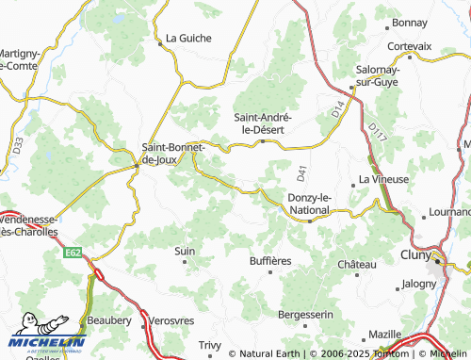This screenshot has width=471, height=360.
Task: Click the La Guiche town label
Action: (x=188, y=39)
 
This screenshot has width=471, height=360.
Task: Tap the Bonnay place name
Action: (x=410, y=22)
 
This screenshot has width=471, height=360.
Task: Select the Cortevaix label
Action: (x=409, y=45)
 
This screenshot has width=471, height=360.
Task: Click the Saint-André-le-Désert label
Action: (x=266, y=123)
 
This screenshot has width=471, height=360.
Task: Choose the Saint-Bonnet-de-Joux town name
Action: (x=173, y=154)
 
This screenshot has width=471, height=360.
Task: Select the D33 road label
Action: (x=19, y=145)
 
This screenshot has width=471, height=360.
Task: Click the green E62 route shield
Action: (x=73, y=253)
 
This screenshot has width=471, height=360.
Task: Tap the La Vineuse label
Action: (x=383, y=179)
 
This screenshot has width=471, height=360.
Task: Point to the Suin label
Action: (x=185, y=252)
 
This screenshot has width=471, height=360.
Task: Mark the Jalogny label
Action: (x=419, y=283)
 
